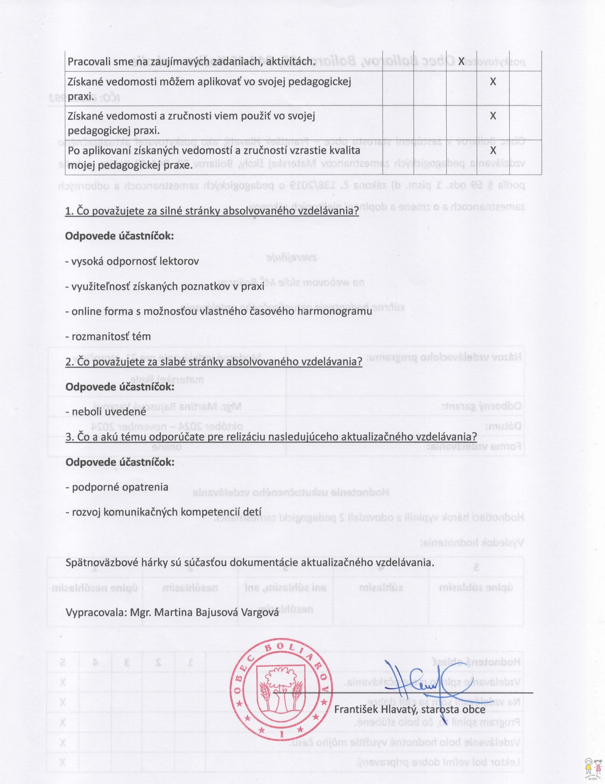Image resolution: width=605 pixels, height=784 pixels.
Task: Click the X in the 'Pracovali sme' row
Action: tap(461, 61)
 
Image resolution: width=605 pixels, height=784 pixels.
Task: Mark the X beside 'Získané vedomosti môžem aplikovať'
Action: tap(493, 82)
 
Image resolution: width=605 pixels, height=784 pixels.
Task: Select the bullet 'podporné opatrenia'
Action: tap(117, 487)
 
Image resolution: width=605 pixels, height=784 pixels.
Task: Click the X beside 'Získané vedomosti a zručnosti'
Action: tap(493, 116)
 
